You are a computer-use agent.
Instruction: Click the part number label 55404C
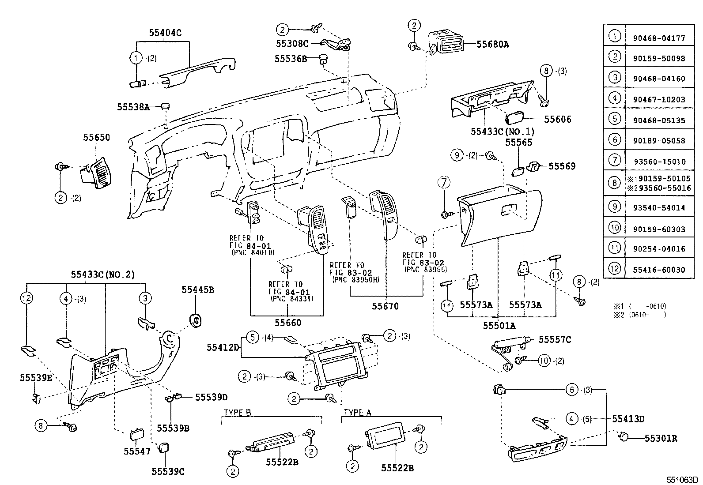[165, 32]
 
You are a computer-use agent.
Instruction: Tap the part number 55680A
[492, 44]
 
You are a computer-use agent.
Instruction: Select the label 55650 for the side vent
[97, 137]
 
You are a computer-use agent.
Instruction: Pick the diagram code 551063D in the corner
[682, 479]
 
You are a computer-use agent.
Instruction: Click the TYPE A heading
[357, 413]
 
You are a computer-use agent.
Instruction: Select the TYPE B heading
[237, 413]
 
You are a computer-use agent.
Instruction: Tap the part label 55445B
[198, 289]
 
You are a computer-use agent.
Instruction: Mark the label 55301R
[661, 438]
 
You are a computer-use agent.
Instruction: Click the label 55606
[557, 119]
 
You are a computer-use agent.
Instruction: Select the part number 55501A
[499, 325]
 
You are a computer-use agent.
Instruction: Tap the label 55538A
[134, 106]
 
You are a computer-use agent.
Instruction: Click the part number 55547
[137, 451]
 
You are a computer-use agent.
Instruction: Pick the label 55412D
[223, 348]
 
